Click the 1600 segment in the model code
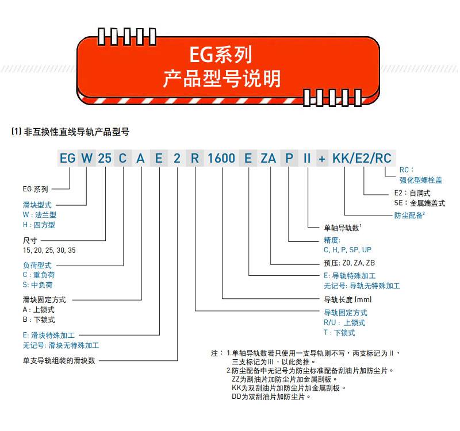[x=221, y=159]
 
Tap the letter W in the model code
[x=87, y=159]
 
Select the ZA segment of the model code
[x=269, y=159]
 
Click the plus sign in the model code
[x=322, y=159]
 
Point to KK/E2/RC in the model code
[x=362, y=159]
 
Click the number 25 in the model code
[x=105, y=159]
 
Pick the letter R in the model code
[x=195, y=159]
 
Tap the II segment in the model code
[x=307, y=159]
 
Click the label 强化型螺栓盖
[x=421, y=180]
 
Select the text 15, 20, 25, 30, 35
[x=49, y=251]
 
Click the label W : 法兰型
[x=40, y=215]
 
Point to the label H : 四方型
[x=39, y=225]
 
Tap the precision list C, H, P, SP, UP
[x=348, y=250]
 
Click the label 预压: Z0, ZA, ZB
[x=350, y=263]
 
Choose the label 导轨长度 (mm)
[x=348, y=299]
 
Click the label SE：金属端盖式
[x=420, y=203]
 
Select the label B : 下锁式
[x=39, y=320]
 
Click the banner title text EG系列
[x=221, y=55]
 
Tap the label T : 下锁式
[x=339, y=333]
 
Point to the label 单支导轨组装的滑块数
[x=59, y=360]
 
